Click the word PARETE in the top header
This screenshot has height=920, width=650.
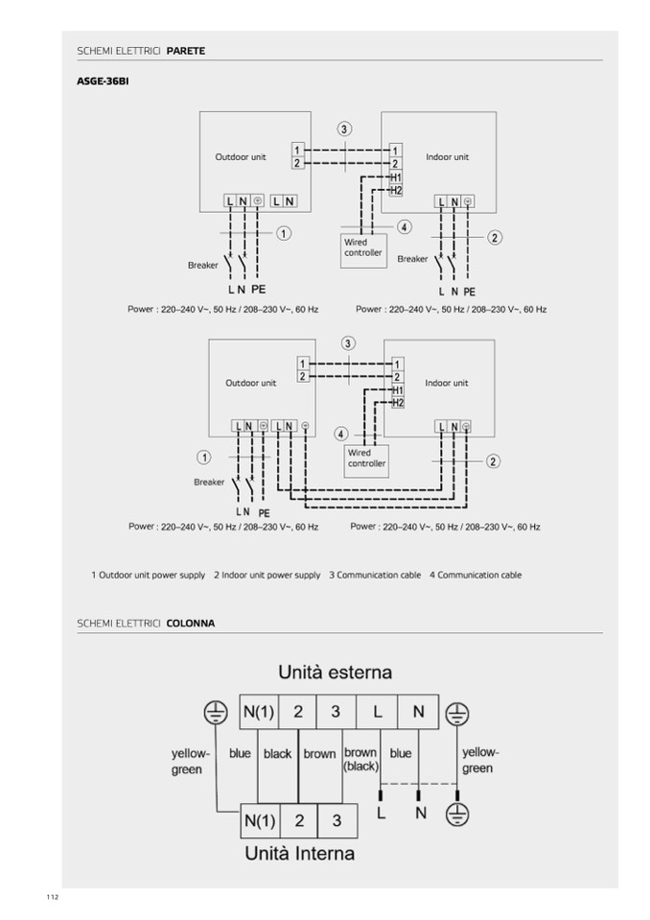click(x=186, y=50)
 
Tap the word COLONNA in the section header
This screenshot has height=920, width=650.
click(x=191, y=624)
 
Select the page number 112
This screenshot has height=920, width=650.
click(x=52, y=896)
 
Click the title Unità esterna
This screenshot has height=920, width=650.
click(x=336, y=671)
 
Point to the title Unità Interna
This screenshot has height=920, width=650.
click(x=299, y=853)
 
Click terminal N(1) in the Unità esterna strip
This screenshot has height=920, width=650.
click(x=259, y=712)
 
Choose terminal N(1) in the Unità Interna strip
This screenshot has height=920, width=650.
click(x=260, y=821)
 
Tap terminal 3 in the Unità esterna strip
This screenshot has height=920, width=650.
click(x=335, y=712)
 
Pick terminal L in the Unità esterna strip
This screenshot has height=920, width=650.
click(x=378, y=712)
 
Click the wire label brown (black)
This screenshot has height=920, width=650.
click(x=360, y=760)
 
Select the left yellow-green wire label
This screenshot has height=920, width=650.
click(x=187, y=761)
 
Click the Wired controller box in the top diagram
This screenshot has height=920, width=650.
click(x=361, y=248)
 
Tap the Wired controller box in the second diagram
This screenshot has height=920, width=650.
click(x=365, y=459)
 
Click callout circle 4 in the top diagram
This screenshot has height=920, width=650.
click(x=405, y=227)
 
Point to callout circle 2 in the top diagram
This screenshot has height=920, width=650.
click(x=495, y=237)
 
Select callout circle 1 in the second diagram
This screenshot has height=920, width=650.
click(x=203, y=458)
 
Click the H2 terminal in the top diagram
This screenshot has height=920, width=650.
click(x=396, y=190)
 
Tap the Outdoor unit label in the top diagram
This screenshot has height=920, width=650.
click(x=241, y=156)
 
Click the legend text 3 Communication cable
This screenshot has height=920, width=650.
click(x=375, y=576)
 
